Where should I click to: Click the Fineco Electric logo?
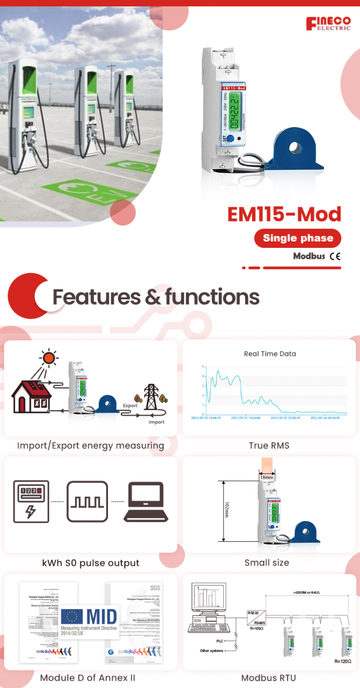click(x=328, y=23)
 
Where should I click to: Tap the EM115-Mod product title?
click(x=284, y=214)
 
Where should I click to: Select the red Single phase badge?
click(x=298, y=238)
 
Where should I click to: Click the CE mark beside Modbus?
click(x=335, y=256)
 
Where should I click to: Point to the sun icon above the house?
click(x=49, y=358)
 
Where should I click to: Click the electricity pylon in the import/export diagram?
click(x=152, y=396)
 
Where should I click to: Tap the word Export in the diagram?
click(x=130, y=406)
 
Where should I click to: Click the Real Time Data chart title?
click(x=270, y=354)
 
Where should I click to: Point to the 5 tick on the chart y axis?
click(x=203, y=367)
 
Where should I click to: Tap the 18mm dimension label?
click(x=267, y=477)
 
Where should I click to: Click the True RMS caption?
click(x=269, y=445)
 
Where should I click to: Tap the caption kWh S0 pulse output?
click(x=91, y=562)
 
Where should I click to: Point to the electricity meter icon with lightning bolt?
click(x=31, y=502)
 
